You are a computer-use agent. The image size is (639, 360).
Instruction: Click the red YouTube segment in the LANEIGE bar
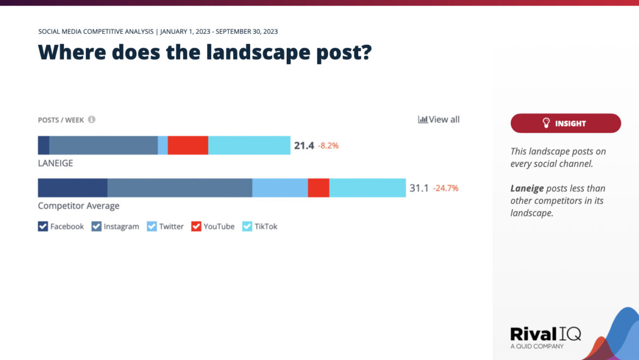pos(188,145)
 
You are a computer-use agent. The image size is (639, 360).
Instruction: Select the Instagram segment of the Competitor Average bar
pos(180,187)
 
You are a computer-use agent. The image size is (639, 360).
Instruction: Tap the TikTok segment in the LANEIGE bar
pos(249,145)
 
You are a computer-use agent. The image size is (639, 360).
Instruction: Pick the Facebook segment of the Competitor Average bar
pos(72,187)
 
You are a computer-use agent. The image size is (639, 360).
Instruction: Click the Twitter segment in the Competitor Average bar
pos(280,187)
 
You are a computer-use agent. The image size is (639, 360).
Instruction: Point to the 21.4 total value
pos(304,146)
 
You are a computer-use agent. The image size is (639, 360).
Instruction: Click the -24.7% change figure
pos(446,188)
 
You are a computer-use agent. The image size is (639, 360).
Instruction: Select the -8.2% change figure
pos(328,146)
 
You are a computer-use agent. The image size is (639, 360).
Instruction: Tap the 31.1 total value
pos(419,188)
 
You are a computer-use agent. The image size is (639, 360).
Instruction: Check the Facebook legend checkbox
pos(43,226)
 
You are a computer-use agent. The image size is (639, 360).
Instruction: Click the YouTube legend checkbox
pos(196,226)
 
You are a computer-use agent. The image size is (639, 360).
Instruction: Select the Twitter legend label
pos(171,226)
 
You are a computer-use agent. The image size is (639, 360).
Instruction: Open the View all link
pos(439,119)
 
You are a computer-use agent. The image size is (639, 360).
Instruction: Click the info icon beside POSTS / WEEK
pos(92,119)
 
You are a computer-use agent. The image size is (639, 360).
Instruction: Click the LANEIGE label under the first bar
pos(55,163)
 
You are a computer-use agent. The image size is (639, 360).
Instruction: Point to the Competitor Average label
pos(79,206)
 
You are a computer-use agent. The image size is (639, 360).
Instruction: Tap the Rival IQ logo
pos(545,335)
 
